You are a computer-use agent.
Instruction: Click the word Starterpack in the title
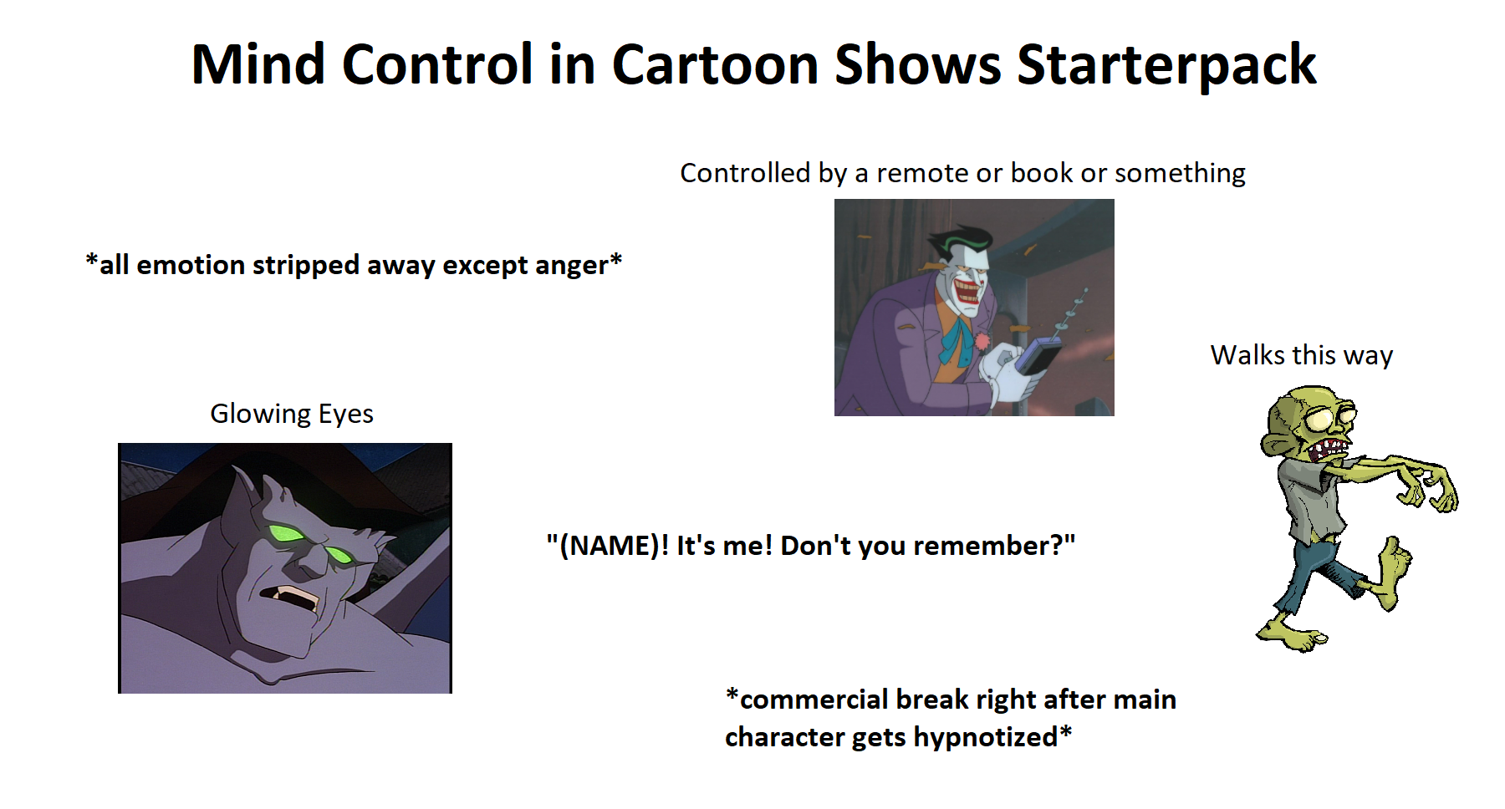click(x=1166, y=65)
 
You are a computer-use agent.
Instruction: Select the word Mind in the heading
click(x=258, y=65)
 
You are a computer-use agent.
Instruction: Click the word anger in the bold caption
click(x=571, y=266)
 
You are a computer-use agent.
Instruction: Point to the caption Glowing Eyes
click(x=291, y=414)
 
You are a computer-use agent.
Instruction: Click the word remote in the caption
click(x=921, y=173)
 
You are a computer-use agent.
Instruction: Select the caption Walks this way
click(x=1301, y=355)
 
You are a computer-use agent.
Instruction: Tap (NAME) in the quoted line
click(x=608, y=546)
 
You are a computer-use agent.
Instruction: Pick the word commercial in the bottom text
click(x=814, y=700)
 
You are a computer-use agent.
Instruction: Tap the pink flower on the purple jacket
click(x=982, y=341)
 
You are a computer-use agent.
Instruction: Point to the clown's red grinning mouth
click(x=967, y=293)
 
